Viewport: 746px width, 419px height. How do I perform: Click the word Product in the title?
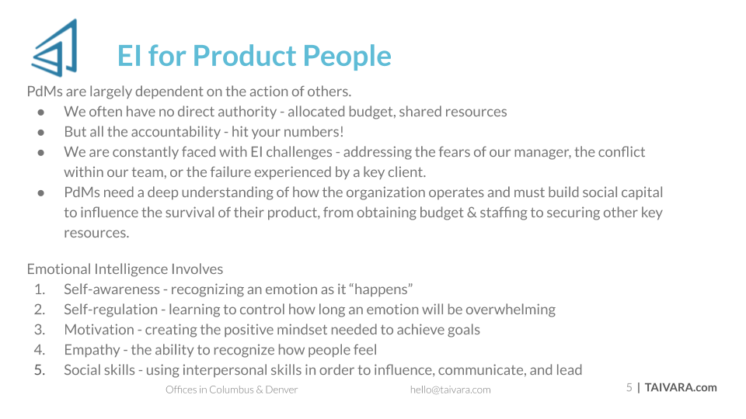[x=245, y=56]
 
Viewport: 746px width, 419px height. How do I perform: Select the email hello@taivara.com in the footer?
[x=450, y=390]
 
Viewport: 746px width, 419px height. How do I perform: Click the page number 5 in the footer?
[x=629, y=388]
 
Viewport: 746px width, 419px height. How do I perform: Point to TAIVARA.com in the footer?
[x=681, y=388]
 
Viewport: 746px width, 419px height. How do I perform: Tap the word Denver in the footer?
[x=281, y=390]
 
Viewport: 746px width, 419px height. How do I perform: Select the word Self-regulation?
[x=111, y=310]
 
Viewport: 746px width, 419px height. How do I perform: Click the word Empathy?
[x=92, y=350]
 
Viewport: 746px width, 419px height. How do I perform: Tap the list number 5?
[x=40, y=370]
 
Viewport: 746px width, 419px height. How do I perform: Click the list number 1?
[x=40, y=289]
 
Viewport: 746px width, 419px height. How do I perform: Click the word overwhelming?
[x=511, y=310]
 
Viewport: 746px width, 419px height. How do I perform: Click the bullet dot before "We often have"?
[x=41, y=113]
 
